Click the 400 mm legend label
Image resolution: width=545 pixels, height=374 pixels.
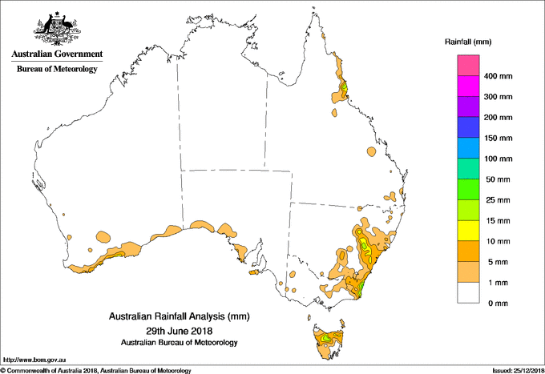click(x=499, y=76)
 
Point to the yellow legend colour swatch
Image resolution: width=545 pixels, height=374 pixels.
click(x=469, y=231)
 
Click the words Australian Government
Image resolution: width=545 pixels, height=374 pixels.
click(x=57, y=54)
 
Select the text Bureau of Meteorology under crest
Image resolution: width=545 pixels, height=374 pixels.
click(x=57, y=70)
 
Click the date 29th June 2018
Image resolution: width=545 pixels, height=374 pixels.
click(x=180, y=331)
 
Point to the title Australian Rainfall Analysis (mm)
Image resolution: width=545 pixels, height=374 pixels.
click(x=180, y=318)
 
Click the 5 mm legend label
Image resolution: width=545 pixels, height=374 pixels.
click(x=496, y=262)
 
